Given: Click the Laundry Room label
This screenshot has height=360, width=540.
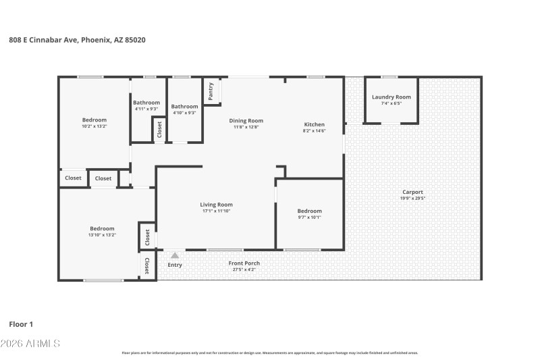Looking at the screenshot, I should (391, 97).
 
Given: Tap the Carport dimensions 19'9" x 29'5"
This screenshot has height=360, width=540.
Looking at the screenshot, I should (412, 199).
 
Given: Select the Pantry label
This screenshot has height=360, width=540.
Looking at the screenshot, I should (211, 92).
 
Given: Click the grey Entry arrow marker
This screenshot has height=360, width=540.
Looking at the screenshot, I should (175, 255).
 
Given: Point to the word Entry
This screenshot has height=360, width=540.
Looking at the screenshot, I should (175, 265).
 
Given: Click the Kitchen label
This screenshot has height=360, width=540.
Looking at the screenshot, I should (315, 124).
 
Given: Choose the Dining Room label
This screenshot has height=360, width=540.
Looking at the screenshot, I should (248, 121).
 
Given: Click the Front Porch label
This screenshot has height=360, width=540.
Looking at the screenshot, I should (244, 263).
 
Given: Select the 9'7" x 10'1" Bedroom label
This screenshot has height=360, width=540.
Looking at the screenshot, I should (310, 211).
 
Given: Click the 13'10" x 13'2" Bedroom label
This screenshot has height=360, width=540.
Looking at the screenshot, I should (102, 229).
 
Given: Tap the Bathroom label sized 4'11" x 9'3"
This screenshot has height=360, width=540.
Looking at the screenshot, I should (146, 103).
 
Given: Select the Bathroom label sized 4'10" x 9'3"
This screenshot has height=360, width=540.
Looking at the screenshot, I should (184, 106).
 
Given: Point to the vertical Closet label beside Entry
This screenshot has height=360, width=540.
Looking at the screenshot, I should (147, 265).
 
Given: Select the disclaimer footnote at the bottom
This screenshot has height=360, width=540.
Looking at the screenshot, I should (269, 353).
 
